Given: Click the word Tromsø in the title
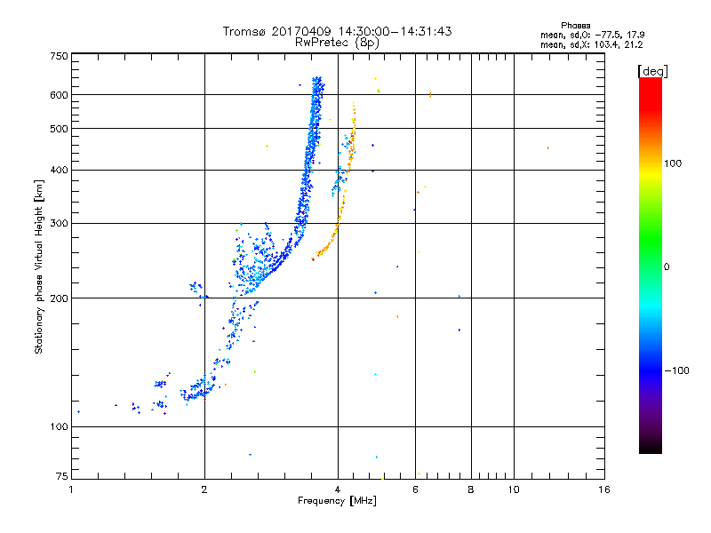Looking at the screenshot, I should (244, 31).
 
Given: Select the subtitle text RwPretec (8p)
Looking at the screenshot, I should (337, 42).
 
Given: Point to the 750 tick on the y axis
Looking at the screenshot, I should (58, 56).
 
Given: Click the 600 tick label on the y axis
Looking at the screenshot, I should (58, 95).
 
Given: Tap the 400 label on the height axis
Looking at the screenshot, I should (58, 171).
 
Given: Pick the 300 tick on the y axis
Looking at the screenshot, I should (58, 224).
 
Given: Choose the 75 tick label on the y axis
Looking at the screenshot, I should (60, 476).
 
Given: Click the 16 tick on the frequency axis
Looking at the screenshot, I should (604, 489).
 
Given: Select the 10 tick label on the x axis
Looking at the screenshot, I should (513, 489).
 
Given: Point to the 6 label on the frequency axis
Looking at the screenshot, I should (415, 489).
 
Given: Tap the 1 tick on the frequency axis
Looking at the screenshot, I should (72, 489).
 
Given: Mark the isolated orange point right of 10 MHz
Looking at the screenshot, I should (547, 148).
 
